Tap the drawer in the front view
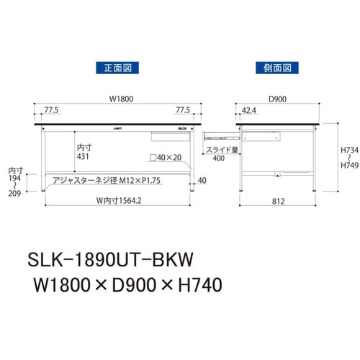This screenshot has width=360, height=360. click(171, 135)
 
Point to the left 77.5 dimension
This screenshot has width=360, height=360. click(51, 112)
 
